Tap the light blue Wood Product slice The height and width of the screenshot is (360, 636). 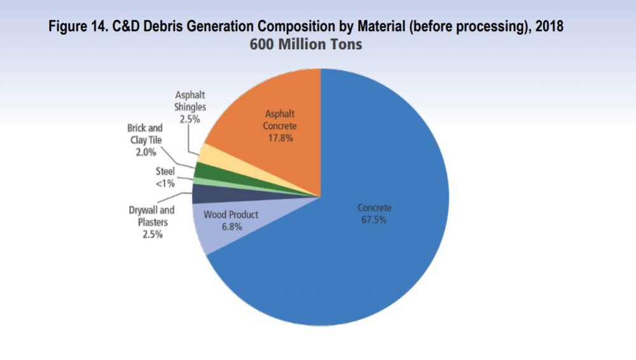pyautogui.click(x=219, y=229)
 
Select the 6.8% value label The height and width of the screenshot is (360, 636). pyautogui.click(x=232, y=226)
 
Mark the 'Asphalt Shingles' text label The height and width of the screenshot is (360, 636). pyautogui.click(x=190, y=102)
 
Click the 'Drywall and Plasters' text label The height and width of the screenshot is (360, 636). pyautogui.click(x=152, y=216)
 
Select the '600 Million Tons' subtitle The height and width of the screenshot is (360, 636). pyautogui.click(x=306, y=45)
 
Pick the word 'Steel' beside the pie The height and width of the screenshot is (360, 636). pyautogui.click(x=165, y=172)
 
